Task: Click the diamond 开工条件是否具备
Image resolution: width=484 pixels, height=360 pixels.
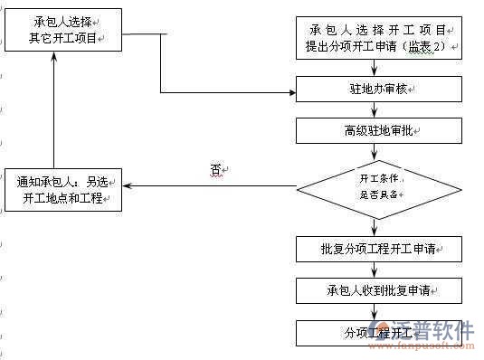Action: pos(380,186)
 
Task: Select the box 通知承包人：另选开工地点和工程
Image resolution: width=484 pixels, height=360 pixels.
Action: pos(62,188)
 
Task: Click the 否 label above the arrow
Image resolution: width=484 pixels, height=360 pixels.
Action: pos(216,169)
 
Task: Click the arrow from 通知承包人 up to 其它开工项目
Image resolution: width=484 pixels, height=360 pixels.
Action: pos(55,109)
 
